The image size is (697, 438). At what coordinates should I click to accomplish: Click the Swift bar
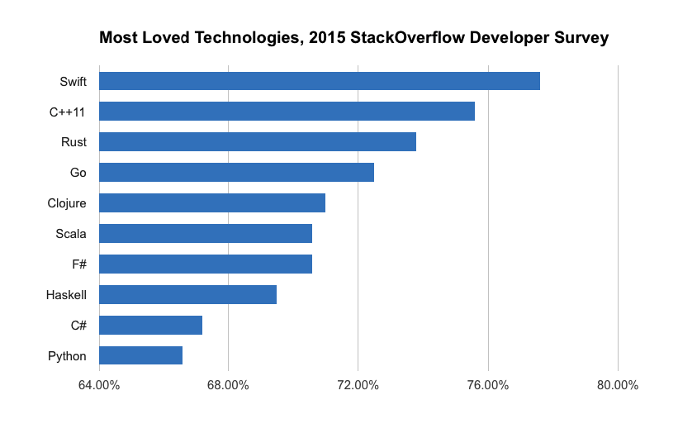coord(319,81)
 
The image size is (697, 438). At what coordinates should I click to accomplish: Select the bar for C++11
coord(287,112)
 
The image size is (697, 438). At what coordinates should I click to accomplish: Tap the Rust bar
coord(257,142)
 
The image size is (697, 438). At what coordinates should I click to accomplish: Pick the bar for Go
coord(236,173)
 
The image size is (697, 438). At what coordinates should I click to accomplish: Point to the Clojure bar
coord(211,203)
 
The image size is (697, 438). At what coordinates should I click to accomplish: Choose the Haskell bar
coord(187,295)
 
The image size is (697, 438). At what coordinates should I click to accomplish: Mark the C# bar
coord(150,326)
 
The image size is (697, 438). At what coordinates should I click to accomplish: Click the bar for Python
coord(140,356)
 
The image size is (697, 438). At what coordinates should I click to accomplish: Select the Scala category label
coord(70,234)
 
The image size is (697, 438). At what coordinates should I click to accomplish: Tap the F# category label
coord(78,264)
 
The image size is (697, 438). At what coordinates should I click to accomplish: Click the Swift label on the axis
coord(73,81)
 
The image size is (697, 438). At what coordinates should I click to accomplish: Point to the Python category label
coord(68,356)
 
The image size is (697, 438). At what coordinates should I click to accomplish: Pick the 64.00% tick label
coord(98,385)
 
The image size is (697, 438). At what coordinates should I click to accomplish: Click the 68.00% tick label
coord(228,385)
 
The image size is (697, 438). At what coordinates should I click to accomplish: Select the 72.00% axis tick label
coord(358,385)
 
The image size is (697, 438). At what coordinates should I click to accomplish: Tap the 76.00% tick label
coord(487,385)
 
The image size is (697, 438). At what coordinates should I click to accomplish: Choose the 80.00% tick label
coord(618,385)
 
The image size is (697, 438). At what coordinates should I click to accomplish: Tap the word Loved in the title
coord(170,38)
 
